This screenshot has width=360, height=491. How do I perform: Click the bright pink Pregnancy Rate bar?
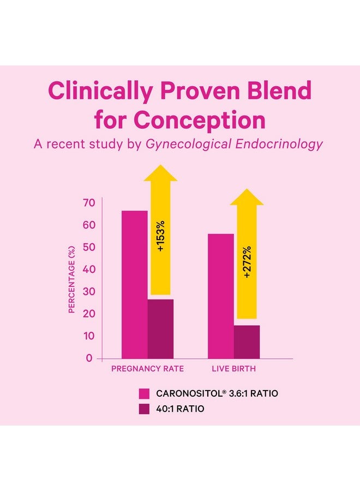(134, 284)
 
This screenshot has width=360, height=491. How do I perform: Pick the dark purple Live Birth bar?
(247, 342)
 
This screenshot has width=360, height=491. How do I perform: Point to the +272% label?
(247, 262)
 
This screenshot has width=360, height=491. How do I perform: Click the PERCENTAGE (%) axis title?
(71, 280)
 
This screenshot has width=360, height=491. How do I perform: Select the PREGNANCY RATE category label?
(147, 369)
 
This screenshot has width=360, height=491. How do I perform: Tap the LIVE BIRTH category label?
(234, 369)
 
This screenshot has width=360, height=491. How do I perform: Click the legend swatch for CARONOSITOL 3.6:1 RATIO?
(144, 393)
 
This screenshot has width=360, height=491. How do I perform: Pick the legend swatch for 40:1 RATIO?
(144, 409)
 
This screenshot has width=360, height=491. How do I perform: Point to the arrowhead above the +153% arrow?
(160, 173)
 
